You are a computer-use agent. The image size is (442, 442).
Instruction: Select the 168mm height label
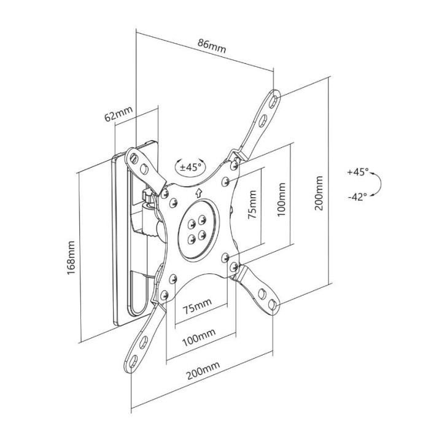pos(72,257)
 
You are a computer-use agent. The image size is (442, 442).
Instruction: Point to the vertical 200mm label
pos(319,194)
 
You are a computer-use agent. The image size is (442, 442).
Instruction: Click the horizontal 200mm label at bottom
pos(203,367)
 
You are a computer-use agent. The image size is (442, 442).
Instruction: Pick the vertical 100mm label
pos(282,197)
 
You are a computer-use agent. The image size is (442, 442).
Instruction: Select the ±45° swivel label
pos(190,166)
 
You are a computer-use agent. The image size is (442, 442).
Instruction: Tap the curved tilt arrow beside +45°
pos(380,184)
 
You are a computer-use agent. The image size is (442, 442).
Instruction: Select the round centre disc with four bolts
pos(197,228)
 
